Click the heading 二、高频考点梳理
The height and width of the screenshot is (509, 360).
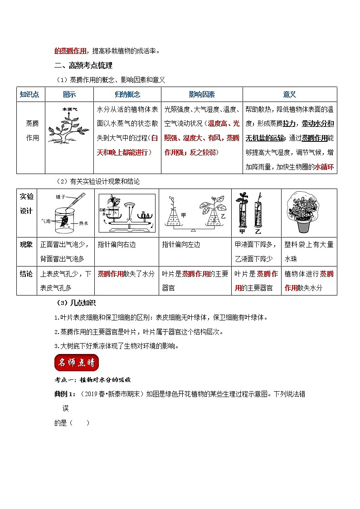click(x=83, y=66)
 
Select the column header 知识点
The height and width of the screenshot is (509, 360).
click(x=30, y=94)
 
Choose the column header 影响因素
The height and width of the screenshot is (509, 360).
click(x=201, y=94)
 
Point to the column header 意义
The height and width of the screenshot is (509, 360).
click(x=289, y=94)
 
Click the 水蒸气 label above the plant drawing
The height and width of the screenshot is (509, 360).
click(x=70, y=109)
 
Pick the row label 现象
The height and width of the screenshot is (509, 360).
click(x=26, y=244)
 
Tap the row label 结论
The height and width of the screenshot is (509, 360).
click(x=26, y=274)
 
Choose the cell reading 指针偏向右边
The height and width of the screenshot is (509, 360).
click(x=117, y=244)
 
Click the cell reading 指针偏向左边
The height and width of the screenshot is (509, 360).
click(x=181, y=244)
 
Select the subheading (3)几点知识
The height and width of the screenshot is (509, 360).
click(x=76, y=303)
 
